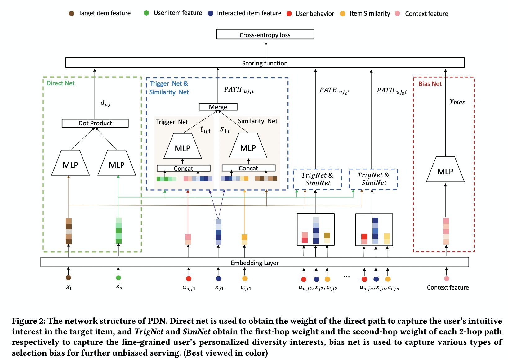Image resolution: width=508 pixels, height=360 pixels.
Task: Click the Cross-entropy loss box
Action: click(265, 34)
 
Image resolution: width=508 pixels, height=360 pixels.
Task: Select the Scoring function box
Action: click(265, 63)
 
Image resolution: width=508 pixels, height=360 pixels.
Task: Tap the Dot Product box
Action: click(95, 123)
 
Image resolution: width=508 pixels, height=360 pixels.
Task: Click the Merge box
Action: click(218, 107)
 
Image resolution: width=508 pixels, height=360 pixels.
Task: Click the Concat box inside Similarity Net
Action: click(248, 168)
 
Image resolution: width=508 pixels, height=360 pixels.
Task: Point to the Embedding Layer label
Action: click(255, 263)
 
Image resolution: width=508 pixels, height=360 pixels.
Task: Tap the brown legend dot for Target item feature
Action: click(71, 13)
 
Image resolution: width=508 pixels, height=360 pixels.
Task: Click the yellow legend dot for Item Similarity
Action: click(343, 14)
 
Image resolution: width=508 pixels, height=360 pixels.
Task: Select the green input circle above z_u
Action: click(118, 278)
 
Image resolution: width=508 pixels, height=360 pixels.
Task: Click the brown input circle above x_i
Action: click(69, 278)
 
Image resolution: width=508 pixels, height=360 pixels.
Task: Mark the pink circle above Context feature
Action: click(447, 278)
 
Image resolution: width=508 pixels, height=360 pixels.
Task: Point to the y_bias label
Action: click(457, 101)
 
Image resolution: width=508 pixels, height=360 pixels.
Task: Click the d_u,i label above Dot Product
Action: click(105, 103)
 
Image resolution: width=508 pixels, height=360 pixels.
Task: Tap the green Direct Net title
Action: click(60, 83)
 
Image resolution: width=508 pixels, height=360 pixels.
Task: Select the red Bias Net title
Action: click(430, 84)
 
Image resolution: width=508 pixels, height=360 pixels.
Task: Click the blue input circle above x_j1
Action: click(218, 278)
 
